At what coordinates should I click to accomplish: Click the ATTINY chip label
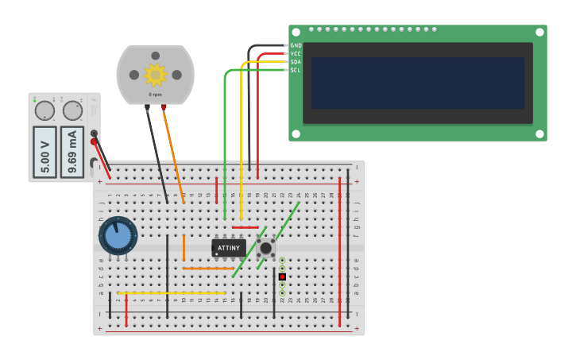[228, 248]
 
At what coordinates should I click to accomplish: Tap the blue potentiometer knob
[118, 236]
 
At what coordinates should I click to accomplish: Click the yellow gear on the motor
[155, 75]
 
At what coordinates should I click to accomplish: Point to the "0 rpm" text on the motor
[155, 95]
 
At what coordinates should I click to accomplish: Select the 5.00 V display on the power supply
[45, 151]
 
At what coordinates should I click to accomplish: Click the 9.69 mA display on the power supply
[72, 151]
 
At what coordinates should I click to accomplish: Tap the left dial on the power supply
[44, 110]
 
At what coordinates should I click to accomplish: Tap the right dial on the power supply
[72, 110]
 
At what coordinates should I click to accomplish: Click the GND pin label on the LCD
[296, 46]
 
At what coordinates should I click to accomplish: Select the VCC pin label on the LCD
[296, 54]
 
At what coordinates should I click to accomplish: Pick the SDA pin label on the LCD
[296, 62]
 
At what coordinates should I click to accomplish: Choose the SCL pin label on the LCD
[296, 70]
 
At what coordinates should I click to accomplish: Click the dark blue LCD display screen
[417, 83]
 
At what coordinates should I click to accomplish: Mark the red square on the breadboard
[282, 277]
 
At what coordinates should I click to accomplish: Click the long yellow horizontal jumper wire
[171, 293]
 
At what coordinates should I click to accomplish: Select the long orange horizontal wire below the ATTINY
[208, 269]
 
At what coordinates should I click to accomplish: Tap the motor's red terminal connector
[164, 107]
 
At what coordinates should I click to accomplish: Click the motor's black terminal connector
[147, 107]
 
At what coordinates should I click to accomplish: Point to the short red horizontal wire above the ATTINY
[245, 227]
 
